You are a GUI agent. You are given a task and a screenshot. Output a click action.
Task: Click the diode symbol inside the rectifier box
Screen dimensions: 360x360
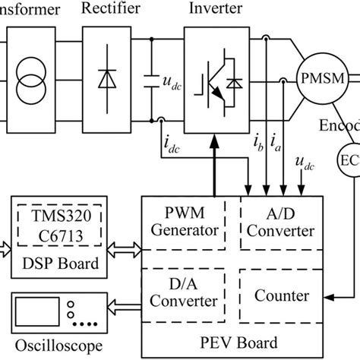pyautogui.click(x=106, y=78)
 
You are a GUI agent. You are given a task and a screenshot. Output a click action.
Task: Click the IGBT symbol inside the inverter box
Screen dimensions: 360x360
pyautogui.click(x=216, y=80)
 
